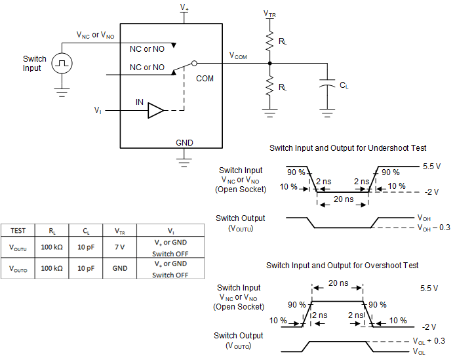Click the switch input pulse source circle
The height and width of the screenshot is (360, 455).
click(x=62, y=64)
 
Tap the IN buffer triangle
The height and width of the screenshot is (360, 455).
click(x=156, y=111)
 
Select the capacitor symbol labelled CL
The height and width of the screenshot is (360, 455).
click(x=326, y=85)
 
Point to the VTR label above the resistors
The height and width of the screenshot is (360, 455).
click(x=269, y=13)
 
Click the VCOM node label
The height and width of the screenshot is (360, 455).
click(x=238, y=56)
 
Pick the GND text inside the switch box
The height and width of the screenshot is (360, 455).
click(x=184, y=142)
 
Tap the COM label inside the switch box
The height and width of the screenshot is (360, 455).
click(x=205, y=78)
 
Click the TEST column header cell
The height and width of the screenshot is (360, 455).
click(x=18, y=230)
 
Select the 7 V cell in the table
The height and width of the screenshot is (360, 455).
click(x=120, y=248)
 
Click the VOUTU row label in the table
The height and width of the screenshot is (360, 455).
click(x=19, y=248)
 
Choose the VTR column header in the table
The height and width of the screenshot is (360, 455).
click(x=120, y=231)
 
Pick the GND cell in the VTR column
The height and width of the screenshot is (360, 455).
click(x=120, y=268)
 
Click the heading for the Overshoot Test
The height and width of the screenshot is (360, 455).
click(x=342, y=265)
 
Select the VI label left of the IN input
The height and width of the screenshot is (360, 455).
click(x=98, y=111)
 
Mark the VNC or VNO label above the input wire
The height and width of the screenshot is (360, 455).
click(x=95, y=35)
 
